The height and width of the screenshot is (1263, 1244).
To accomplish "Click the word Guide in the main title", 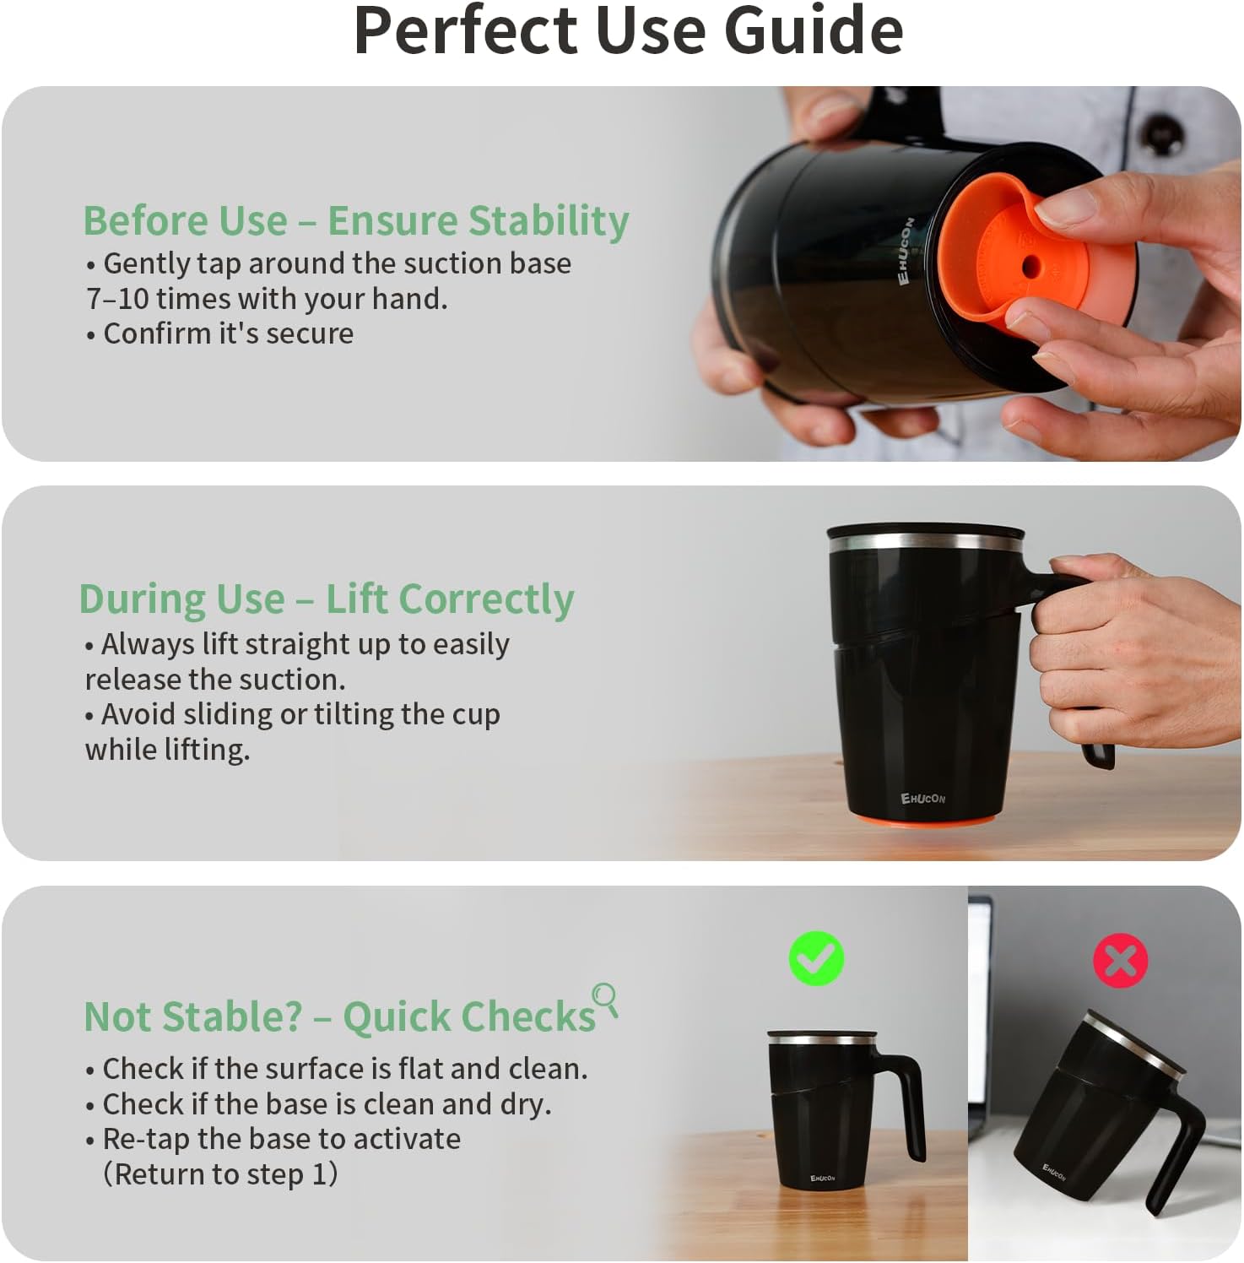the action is click(x=814, y=30).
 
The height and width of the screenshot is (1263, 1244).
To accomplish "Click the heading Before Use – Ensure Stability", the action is click(x=356, y=221).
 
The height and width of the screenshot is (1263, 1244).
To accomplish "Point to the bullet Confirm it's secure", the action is click(x=220, y=333).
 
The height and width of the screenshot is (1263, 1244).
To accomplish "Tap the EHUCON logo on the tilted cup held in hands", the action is click(x=905, y=251).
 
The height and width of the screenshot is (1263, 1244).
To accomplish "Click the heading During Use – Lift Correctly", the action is click(x=327, y=599).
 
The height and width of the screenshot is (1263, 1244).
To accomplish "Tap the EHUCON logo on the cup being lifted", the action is click(x=923, y=799).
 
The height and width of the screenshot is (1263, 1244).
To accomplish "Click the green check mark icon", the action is click(x=816, y=959).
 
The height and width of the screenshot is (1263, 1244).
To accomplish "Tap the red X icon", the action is click(x=1121, y=961).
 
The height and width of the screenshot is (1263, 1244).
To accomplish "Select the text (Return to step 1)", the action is click(x=220, y=1174).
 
